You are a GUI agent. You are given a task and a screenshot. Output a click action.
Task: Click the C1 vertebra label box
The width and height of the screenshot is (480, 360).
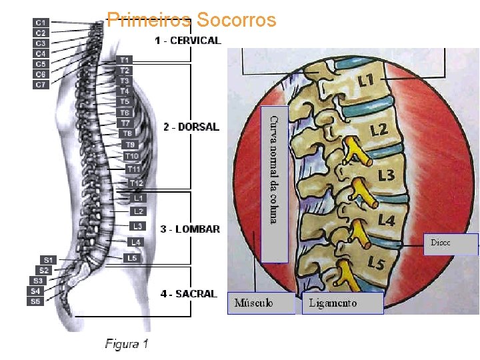(x=41, y=22)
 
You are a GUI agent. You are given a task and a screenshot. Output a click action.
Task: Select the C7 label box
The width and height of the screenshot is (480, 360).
(x=41, y=85)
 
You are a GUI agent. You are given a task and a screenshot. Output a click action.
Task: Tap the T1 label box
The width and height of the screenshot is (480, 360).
(x=125, y=60)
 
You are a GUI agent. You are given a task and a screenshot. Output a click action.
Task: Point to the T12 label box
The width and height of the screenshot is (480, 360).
(x=136, y=183)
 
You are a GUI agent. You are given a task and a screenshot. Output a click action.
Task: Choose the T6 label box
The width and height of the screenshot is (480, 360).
(x=125, y=113)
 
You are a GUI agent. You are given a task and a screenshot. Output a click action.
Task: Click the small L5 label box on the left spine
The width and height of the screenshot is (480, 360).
(x=133, y=258)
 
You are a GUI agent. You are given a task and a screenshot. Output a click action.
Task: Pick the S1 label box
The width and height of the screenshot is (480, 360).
(x=48, y=259)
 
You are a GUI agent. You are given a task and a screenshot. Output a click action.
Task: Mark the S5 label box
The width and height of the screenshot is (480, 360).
(x=35, y=301)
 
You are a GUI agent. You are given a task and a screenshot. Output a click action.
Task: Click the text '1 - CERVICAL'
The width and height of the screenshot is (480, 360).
(x=187, y=41)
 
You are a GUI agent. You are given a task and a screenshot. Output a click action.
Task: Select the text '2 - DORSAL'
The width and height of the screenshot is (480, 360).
(x=191, y=127)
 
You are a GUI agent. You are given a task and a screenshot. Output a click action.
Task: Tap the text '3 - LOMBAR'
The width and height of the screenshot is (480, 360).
(x=190, y=229)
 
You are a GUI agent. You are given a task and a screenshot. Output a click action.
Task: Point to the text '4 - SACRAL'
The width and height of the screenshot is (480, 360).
(x=189, y=293)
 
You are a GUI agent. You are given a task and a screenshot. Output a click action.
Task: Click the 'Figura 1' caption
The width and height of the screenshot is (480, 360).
(x=127, y=344)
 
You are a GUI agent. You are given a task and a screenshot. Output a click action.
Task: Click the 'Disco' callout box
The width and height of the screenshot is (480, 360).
(x=451, y=244)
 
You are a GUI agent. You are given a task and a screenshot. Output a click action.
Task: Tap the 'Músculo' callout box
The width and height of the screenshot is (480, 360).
(x=261, y=303)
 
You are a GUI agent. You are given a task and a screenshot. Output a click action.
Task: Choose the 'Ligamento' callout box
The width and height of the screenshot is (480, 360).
(x=343, y=303)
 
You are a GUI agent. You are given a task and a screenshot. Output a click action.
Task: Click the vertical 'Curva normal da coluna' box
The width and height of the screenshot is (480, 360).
(x=275, y=184)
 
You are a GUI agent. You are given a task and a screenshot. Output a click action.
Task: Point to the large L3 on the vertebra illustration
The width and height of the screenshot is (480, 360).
(x=386, y=175)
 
